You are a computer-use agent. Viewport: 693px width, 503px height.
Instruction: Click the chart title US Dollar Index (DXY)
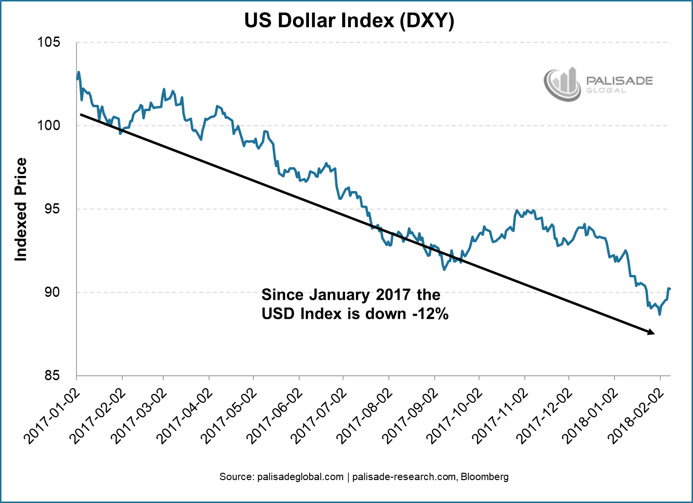click(x=349, y=20)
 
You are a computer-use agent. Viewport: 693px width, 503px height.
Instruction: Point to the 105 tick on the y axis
click(x=49, y=42)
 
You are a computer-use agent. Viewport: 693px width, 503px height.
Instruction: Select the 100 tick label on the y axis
click(x=49, y=126)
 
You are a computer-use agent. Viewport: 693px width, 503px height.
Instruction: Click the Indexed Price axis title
click(x=20, y=209)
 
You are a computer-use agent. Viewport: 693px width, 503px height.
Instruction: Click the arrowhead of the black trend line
click(x=651, y=332)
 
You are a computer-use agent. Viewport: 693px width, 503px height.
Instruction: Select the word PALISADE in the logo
click(x=619, y=80)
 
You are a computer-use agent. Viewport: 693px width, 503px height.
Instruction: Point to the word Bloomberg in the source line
click(x=485, y=477)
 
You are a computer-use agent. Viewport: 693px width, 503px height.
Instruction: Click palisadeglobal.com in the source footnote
click(x=300, y=477)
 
